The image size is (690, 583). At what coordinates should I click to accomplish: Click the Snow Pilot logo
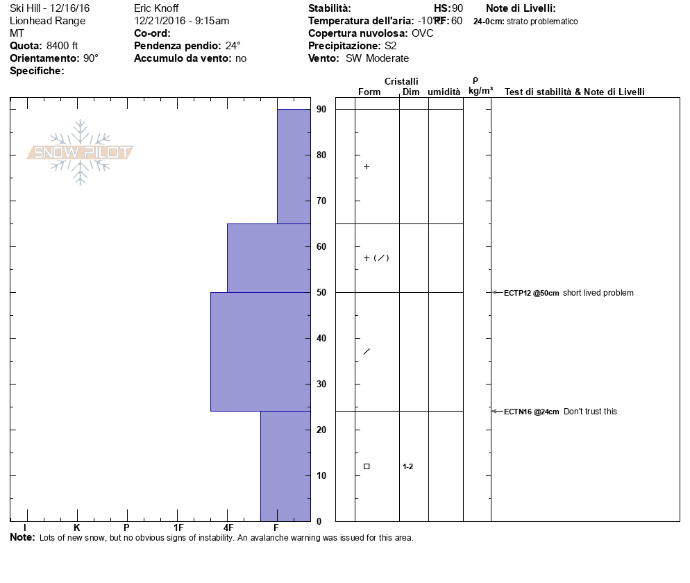tap(81, 153)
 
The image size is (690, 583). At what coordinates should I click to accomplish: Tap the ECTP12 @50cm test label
tap(532, 293)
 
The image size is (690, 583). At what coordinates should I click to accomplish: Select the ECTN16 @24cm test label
tap(532, 412)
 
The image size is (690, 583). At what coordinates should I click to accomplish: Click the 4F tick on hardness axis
tap(228, 528)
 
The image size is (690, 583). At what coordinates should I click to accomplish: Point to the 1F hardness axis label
tap(178, 528)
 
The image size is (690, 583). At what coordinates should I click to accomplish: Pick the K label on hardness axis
tap(77, 528)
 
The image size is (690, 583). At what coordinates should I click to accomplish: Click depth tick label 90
tap(321, 109)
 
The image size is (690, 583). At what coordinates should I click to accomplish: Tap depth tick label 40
tap(321, 338)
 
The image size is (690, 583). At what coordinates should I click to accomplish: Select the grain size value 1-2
tap(408, 466)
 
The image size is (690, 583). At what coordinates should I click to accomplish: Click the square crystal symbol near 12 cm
tap(367, 466)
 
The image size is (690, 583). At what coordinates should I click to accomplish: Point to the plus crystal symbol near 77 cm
tap(367, 167)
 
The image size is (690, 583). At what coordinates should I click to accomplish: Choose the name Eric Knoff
tap(156, 8)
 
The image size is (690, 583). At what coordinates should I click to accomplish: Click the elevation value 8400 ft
tap(62, 46)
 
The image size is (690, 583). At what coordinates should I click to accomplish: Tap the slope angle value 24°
tap(233, 46)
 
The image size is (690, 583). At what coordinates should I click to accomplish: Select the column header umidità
tap(444, 92)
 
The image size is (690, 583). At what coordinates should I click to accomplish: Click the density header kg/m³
tap(480, 91)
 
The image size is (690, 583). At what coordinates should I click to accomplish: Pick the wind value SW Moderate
tap(378, 58)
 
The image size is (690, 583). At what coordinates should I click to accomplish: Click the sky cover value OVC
tap(422, 33)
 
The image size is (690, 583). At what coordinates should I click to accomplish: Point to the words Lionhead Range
tap(48, 21)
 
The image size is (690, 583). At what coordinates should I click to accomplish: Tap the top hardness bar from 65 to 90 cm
tap(294, 167)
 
